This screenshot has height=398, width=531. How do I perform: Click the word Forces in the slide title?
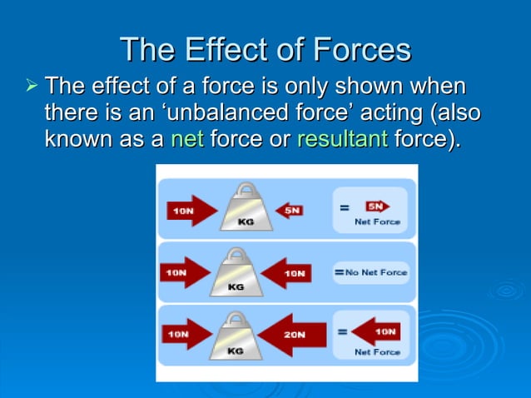360,50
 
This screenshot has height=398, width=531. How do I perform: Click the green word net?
187,139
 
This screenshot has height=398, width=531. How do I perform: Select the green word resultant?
342,139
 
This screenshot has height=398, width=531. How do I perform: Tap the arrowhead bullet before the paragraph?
32,87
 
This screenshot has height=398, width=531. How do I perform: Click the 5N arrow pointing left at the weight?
290,211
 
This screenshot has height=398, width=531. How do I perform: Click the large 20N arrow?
290,334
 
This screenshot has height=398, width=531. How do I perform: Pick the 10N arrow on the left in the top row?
189,211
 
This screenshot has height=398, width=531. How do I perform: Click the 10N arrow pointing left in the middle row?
288,272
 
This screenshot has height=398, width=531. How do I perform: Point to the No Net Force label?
375,272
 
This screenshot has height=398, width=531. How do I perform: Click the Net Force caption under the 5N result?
377,222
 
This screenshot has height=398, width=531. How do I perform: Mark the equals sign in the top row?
343,207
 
